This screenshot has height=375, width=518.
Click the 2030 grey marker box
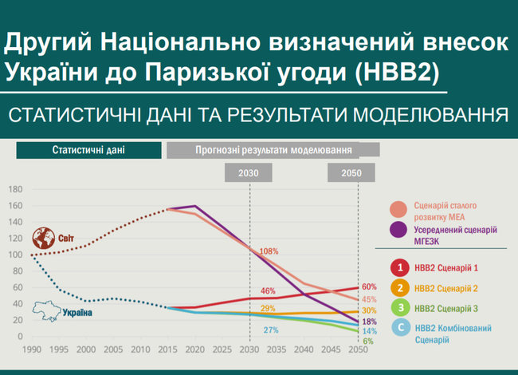tap(249, 172)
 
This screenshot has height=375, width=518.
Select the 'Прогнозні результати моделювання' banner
tap(273, 149)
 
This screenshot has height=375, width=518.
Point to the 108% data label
tap(269, 251)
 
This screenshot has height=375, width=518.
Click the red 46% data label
tap(268, 290)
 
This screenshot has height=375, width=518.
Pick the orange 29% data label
tap(268, 308)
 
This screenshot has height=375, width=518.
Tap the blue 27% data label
tap(270, 330)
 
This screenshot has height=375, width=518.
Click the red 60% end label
tap(369, 286)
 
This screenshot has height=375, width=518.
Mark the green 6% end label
tap(368, 341)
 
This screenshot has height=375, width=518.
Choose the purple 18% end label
tap(369, 321)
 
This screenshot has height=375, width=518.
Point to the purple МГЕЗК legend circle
tap(398, 231)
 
